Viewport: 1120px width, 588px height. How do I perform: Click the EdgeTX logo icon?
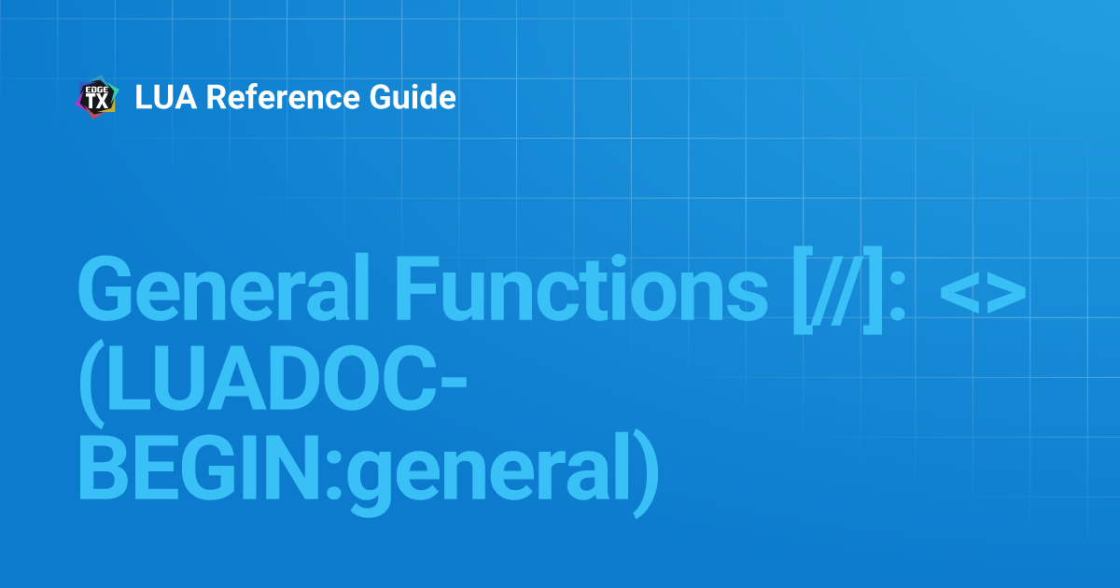pyautogui.click(x=96, y=98)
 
